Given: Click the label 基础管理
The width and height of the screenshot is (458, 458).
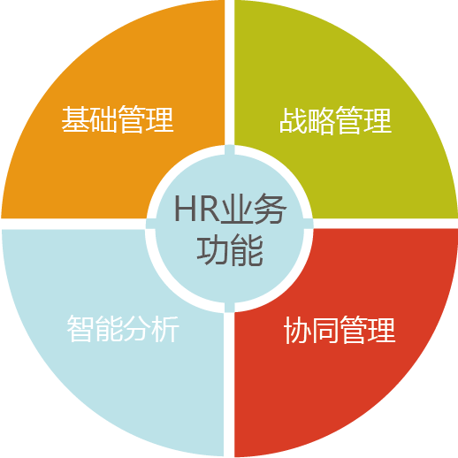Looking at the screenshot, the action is [118, 118].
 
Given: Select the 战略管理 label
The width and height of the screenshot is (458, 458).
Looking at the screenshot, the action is [335, 120].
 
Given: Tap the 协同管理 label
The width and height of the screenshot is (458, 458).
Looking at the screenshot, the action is [340, 330].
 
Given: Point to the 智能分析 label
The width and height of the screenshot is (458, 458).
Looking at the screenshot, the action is [123, 328].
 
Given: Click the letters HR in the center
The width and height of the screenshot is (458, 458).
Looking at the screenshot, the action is [197, 209].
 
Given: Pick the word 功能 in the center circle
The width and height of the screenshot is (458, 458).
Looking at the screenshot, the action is [230, 251].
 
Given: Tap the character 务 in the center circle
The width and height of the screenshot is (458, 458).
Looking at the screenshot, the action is [270, 209].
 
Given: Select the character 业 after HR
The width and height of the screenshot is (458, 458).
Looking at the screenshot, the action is [237, 209].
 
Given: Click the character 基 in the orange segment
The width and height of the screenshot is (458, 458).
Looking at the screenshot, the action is [75, 118].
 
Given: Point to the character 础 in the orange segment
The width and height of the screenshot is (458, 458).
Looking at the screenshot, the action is [103, 118].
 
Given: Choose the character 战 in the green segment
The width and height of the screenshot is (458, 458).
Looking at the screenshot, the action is [293, 120].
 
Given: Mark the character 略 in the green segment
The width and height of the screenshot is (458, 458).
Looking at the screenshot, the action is [321, 120].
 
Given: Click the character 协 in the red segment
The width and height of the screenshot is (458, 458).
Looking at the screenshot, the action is [297, 330].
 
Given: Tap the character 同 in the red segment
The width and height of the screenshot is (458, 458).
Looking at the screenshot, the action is [325, 330].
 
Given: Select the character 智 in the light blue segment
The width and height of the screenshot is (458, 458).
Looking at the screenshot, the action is [80, 328].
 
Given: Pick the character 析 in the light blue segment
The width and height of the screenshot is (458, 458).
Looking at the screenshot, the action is [165, 328].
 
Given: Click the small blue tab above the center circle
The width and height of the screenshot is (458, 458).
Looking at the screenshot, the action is [230, 150].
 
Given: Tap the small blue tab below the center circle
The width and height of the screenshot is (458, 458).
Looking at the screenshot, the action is [230, 307].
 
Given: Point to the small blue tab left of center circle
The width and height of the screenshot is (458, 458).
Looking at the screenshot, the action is [150, 224].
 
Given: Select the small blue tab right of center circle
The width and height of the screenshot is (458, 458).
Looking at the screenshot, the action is [309, 224].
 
